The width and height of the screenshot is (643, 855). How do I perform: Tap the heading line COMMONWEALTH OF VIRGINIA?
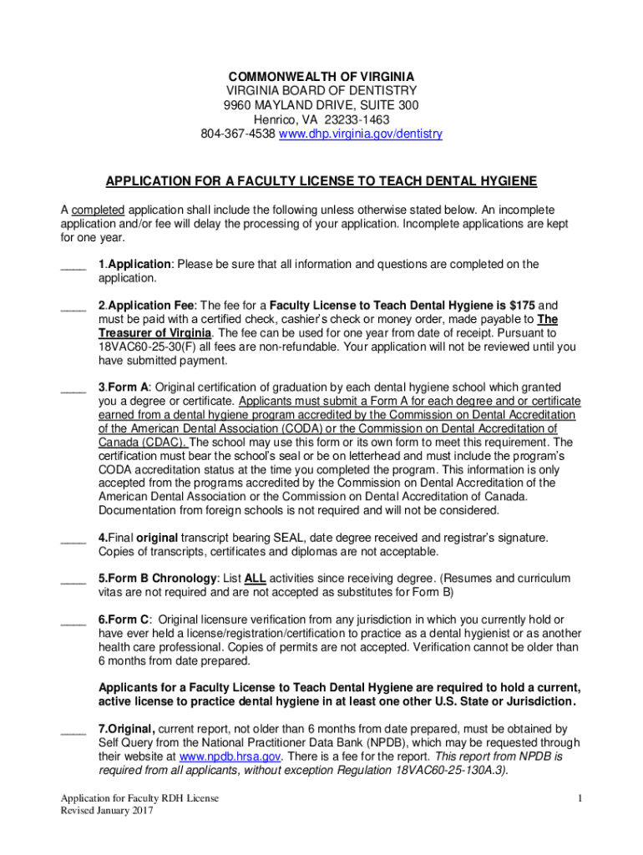point(321,76)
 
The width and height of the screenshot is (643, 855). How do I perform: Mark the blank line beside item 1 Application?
point(73,266)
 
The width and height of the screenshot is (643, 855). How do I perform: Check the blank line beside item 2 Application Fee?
point(73,306)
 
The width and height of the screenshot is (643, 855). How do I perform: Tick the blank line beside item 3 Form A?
point(73,388)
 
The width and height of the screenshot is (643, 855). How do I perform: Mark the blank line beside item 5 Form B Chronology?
point(73,579)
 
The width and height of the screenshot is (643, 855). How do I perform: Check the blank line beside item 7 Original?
point(73,730)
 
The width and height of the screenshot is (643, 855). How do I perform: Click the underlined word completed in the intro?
point(98,209)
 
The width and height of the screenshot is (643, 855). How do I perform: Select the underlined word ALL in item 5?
point(256,579)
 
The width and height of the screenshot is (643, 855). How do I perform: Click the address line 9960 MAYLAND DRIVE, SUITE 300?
point(321,105)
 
